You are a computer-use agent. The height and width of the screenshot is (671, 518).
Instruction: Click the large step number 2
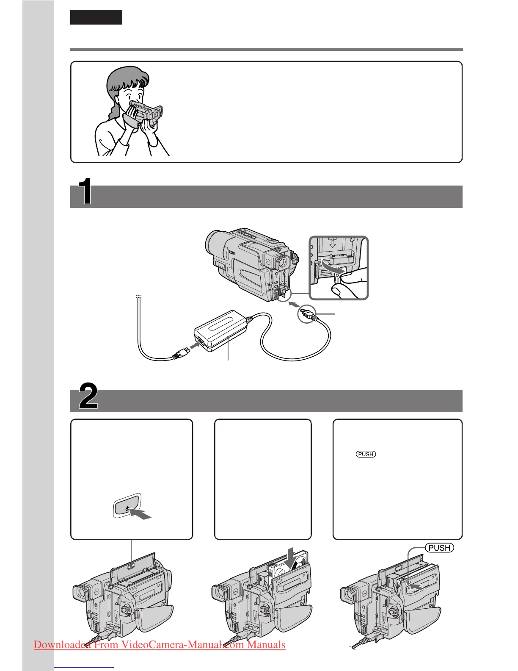88,396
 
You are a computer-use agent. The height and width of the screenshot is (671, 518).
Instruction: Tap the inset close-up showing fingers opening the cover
339,268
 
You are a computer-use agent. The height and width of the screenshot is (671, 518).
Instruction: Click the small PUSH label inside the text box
366,454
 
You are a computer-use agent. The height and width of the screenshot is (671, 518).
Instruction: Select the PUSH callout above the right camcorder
439,548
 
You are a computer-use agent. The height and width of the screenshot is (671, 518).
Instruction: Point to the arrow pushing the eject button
141,514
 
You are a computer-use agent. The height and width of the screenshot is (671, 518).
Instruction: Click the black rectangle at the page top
96,17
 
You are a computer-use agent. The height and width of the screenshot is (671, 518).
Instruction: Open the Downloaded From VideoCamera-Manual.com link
160,645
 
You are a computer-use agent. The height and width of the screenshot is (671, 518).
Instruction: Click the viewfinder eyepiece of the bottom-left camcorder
80,593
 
